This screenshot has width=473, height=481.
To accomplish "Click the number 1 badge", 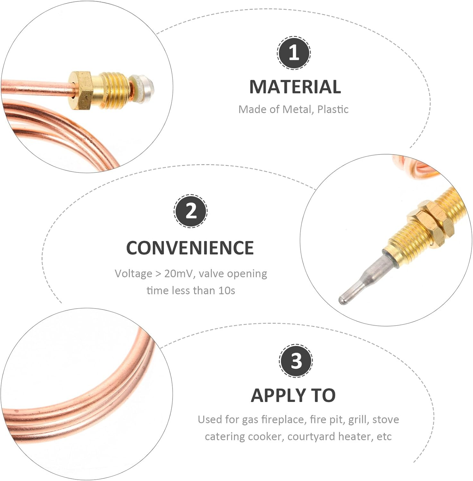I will pos(294,53).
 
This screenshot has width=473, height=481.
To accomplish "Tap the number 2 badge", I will pos(191,211).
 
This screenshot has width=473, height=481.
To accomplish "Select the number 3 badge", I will pos(296,360).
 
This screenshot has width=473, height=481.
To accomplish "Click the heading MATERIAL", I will pos(295,87).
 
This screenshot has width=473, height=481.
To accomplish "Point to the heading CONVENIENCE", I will pos(190,248).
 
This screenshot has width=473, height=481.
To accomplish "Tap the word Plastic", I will pos(333,109).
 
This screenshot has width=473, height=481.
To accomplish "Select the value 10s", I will pos(227,291).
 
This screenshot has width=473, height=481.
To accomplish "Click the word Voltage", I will pos(133,274).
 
